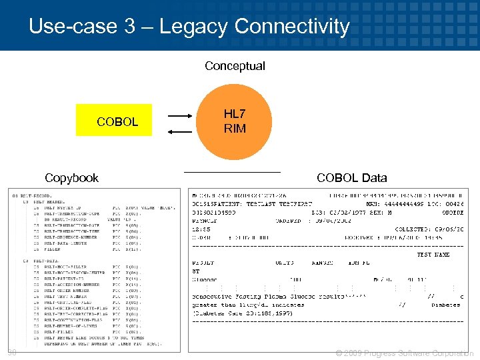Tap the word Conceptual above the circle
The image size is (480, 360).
tap(235, 66)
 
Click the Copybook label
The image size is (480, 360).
tap(71, 178)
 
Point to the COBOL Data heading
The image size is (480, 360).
tap(351, 178)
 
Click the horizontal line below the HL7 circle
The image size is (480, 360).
tap(232, 172)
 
